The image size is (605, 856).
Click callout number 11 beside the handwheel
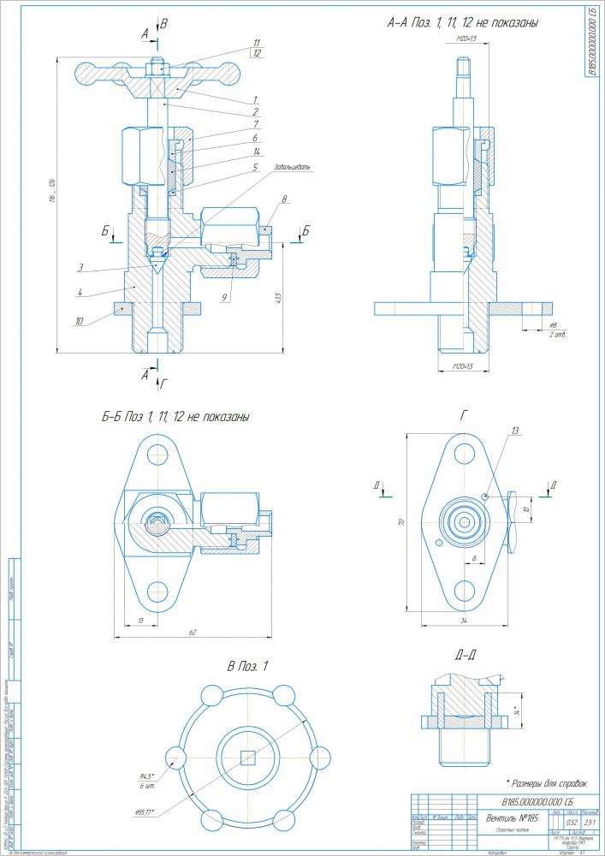pos(256,41)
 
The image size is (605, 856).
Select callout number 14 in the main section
pos(256,152)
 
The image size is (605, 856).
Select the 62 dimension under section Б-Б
pos(193,632)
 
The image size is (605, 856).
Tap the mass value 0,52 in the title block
pos(561,823)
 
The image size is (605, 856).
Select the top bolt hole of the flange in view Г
pos(466,450)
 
